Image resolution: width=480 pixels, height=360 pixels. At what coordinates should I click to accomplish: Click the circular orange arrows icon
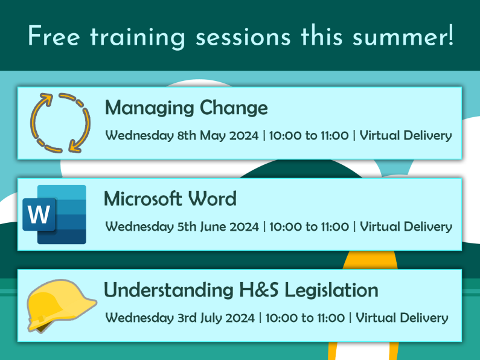(x=60, y=123)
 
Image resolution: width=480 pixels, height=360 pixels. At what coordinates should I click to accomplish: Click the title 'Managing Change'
(x=186, y=108)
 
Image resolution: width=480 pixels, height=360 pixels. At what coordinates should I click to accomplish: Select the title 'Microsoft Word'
(x=170, y=198)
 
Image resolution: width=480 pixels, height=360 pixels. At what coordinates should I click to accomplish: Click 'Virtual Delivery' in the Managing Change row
(x=406, y=135)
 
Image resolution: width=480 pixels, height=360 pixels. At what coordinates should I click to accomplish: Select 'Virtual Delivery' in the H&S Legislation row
(x=402, y=318)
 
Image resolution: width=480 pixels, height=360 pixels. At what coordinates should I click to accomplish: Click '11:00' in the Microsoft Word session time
(x=334, y=227)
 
